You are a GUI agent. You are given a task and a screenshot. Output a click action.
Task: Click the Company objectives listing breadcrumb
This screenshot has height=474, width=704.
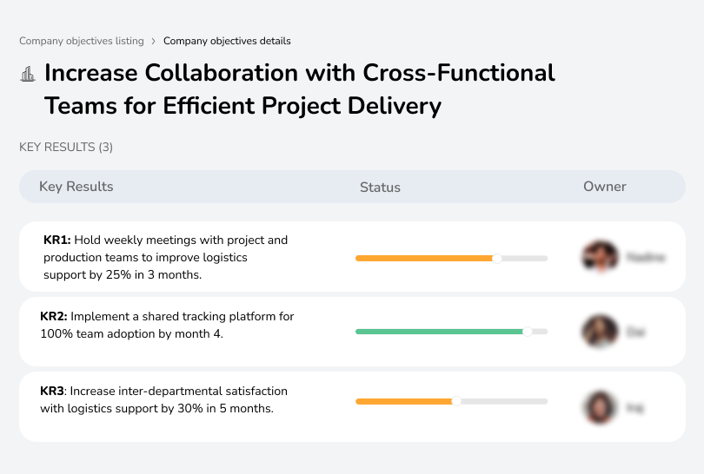tap(82, 41)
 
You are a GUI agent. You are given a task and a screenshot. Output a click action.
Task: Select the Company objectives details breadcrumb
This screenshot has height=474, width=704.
tap(227, 41)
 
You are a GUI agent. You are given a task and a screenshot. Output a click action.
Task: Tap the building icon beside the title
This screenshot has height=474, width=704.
tap(28, 74)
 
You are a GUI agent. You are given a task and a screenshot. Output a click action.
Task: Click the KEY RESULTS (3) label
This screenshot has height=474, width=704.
tap(66, 148)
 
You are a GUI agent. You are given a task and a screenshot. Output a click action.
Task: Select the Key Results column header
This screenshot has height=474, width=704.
tap(76, 187)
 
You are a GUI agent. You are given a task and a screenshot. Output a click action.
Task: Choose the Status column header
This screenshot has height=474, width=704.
tap(380, 188)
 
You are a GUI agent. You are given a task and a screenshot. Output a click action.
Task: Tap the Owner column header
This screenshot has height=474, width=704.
tap(605, 187)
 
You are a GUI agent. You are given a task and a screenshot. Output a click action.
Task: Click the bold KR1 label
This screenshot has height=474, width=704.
tap(57, 240)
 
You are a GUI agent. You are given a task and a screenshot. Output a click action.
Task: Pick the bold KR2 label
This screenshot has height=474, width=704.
tap(55, 317)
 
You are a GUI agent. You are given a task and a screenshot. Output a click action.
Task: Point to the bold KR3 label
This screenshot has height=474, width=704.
tap(54, 392)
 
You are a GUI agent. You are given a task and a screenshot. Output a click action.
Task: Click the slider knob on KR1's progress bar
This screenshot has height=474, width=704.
tap(497, 258)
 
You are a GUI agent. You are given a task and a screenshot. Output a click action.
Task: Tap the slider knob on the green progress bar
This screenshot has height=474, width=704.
tap(527, 332)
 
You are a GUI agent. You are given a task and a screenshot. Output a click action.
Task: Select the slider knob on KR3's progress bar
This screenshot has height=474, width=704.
tap(456, 401)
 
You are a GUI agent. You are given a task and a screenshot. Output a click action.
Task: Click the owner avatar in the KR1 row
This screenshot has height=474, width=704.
tap(599, 257)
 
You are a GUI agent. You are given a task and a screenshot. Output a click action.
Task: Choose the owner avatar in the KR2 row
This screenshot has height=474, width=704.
tap(599, 332)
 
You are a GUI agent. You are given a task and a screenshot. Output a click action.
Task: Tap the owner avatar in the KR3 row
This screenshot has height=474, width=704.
tap(599, 406)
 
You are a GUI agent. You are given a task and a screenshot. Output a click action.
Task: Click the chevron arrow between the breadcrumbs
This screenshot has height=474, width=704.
tap(154, 41)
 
